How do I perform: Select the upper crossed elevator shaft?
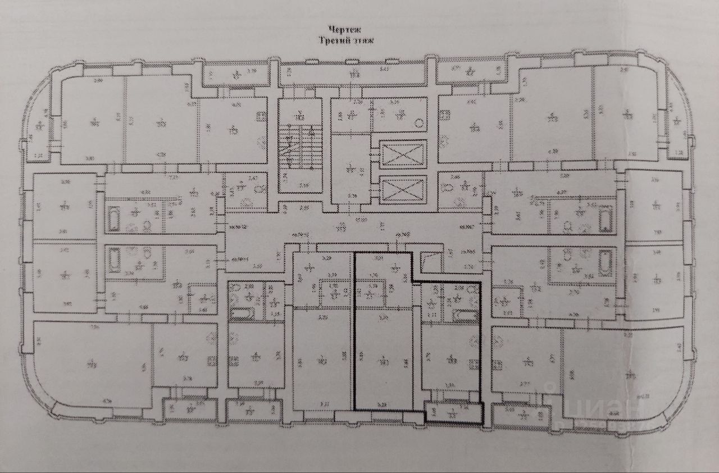pos(403,153)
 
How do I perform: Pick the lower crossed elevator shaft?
pos(403,190)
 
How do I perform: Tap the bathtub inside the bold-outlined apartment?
pos(465,316)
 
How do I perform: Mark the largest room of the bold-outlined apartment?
pos(384,360)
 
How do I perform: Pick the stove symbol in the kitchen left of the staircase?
pos(262,117)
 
